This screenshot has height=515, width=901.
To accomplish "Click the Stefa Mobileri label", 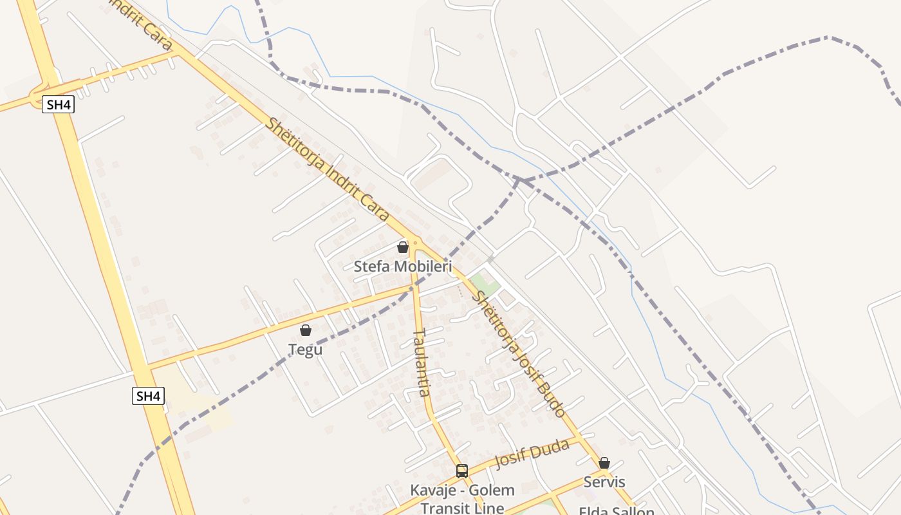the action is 403,267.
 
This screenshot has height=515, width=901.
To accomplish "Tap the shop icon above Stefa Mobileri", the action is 403,247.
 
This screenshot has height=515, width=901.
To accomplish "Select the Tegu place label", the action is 305,350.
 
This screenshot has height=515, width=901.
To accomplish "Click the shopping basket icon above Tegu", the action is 306,330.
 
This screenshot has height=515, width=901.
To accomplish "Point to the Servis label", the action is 604,482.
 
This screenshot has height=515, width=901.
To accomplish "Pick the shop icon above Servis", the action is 604,463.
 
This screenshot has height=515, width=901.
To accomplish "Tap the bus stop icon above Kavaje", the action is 462,471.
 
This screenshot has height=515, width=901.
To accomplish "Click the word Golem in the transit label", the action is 492,491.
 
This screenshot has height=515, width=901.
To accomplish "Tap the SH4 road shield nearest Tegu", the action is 148,396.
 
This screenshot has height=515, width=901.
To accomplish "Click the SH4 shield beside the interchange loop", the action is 58,104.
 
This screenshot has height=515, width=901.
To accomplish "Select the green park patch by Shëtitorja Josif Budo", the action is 484,283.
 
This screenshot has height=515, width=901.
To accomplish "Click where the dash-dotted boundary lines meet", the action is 519,181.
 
